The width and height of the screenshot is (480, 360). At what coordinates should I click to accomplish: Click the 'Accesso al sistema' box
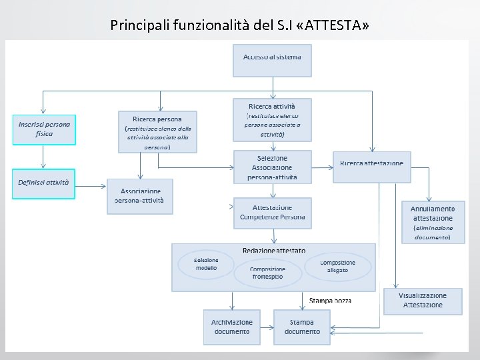coord(272,60)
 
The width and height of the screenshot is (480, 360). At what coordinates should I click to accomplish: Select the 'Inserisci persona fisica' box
coord(45,129)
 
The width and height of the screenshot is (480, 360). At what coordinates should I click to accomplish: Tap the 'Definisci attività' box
coord(45,182)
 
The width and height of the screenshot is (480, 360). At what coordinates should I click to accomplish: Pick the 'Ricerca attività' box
coord(272,120)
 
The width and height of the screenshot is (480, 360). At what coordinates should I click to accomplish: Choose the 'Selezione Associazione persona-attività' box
coord(272,167)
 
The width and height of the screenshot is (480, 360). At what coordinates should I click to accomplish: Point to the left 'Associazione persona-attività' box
coord(139,196)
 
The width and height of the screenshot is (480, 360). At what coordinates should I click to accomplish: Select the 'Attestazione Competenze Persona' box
coord(272,213)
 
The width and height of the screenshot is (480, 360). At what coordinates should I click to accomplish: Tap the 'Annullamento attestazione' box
coord(433,222)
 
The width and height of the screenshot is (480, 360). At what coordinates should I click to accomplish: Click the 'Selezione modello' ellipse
coord(206,265)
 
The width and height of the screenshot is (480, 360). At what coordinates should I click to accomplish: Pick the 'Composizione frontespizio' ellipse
coord(267,273)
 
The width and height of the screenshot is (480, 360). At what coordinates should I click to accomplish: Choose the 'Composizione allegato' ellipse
coord(337,266)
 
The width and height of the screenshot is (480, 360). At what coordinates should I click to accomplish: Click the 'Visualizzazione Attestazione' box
coord(423,301)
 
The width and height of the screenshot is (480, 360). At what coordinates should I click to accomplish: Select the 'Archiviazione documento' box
coord(232,327)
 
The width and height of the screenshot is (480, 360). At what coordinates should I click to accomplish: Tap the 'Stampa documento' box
coord(302,327)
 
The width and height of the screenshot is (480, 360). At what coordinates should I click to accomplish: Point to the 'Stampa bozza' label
coord(331,301)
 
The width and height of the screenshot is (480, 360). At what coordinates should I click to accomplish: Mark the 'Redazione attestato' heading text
coord(274,251)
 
